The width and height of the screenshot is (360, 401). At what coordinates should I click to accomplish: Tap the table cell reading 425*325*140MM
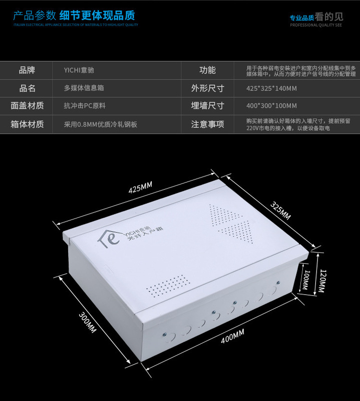272,88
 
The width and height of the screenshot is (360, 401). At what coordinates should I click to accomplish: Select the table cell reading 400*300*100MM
272,106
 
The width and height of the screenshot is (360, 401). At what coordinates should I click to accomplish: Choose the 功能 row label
207,70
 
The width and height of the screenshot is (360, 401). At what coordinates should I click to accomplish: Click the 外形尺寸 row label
207,88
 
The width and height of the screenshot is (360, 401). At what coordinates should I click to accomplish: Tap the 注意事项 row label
207,124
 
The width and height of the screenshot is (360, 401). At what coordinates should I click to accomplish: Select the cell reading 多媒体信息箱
84,88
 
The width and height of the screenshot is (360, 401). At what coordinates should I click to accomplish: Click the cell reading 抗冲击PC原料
84,106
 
